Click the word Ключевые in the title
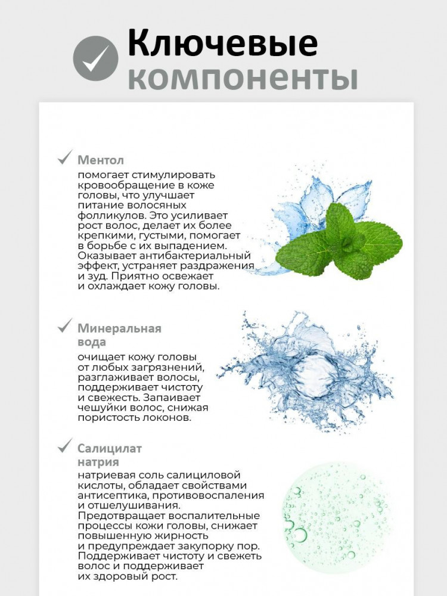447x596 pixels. coord(222,44)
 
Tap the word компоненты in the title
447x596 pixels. coord(243,78)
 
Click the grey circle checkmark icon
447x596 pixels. coord(95,58)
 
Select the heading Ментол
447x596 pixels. coord(101,160)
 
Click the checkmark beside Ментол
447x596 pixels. coord(64,159)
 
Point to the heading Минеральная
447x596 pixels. coord(119,328)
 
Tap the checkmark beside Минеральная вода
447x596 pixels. coord(64,327)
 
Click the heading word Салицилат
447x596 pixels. coord(110,448)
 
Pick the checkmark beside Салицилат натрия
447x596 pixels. coord(64,446)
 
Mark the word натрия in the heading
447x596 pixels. coord(98,462)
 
